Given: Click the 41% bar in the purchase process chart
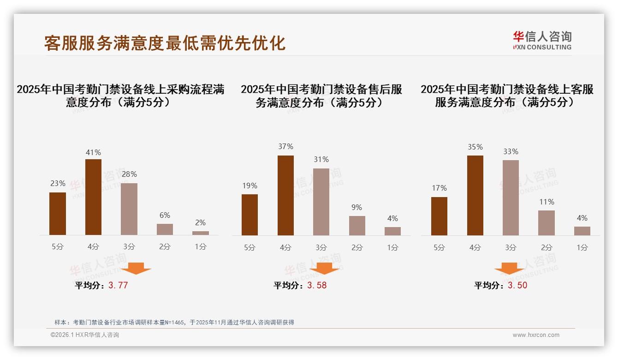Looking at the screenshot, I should coord(93,197).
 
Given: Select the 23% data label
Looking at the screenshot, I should coord(58,183).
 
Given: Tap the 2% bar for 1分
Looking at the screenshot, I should coord(200,233).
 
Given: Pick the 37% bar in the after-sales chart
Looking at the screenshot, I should coord(285,195).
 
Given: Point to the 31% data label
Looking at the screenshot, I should coord(321,159).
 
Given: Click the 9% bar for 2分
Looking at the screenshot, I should coord(357,226).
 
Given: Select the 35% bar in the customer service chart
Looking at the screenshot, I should coord(475,195).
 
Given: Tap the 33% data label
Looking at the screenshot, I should coord(511,151).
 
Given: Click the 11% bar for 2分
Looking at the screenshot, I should coord(547,223).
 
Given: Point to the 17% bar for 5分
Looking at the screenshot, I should coord(439,216).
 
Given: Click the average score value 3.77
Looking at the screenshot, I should coord(118,285).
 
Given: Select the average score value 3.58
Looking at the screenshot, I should coord(317,285).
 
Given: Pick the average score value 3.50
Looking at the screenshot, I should coord(517,285).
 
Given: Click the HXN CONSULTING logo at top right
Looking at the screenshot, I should coord(542,41).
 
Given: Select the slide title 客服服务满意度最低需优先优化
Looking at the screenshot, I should coord(165,42).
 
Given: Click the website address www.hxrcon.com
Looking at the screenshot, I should coord(536,335).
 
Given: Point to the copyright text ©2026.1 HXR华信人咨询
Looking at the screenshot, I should coord(85,335).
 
